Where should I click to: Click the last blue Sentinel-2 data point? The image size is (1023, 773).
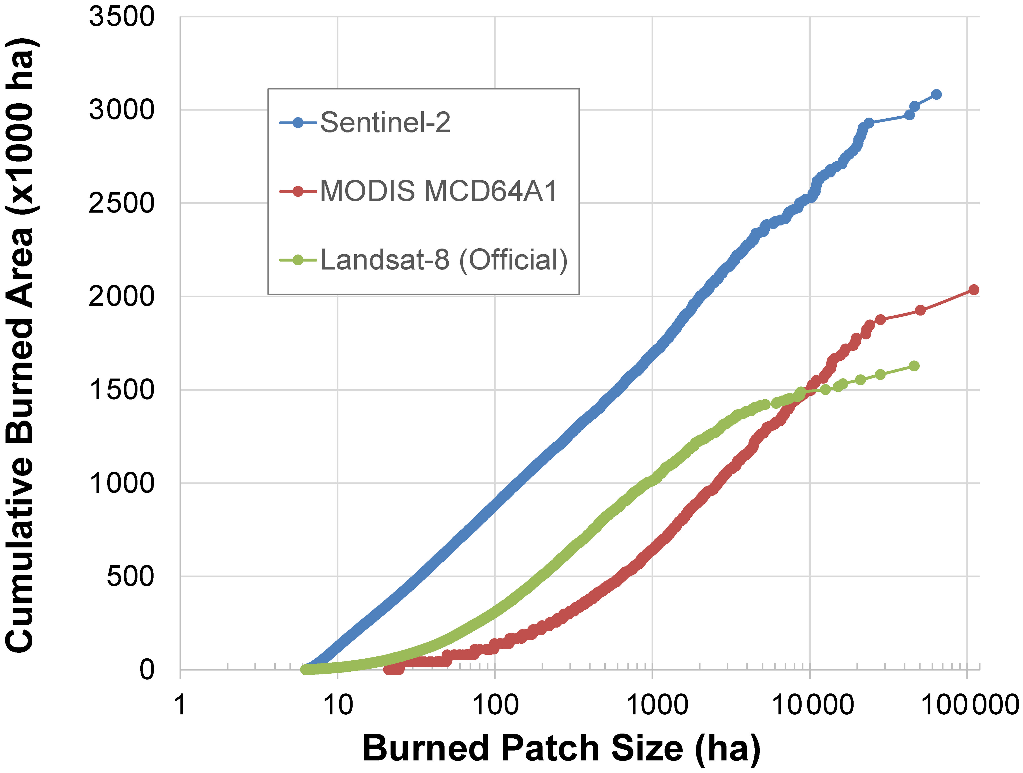tap(936, 94)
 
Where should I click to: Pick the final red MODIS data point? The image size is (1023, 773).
tap(973, 290)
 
